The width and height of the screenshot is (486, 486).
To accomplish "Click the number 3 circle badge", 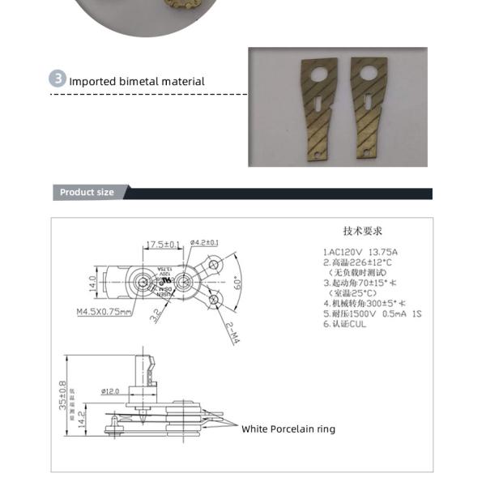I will click(x=58, y=79).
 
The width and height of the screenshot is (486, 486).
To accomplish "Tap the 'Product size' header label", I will click(x=87, y=193).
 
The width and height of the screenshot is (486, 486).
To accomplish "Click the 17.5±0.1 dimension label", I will click(x=164, y=244).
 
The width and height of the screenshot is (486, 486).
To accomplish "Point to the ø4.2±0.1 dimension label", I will click(x=204, y=242).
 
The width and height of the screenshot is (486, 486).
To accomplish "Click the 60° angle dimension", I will click(x=237, y=284).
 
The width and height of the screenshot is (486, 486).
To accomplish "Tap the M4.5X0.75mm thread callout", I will click(x=104, y=311).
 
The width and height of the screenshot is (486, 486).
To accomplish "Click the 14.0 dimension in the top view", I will click(x=92, y=283).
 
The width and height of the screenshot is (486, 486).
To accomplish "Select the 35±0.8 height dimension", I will click(x=62, y=395).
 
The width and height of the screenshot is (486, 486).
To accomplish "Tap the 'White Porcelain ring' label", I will click(x=288, y=429).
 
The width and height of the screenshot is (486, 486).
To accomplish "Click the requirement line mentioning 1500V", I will click(x=372, y=313).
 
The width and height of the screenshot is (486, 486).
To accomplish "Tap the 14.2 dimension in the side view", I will click(x=81, y=420).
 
